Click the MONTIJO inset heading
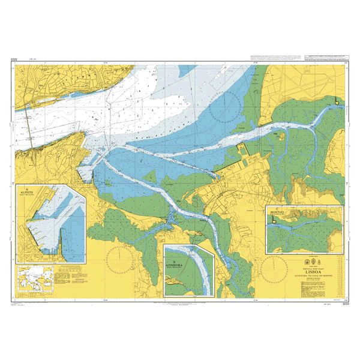pos(277,210)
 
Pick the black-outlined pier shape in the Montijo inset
pos(275,220)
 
